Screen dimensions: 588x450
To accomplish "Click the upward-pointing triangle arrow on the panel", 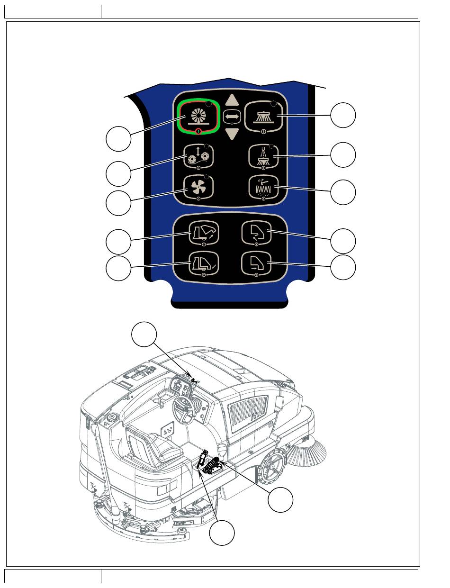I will pyautogui.click(x=232, y=100).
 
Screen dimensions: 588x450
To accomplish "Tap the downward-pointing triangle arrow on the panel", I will pyautogui.click(x=232, y=135).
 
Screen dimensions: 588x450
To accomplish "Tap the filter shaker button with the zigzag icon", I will pyautogui.click(x=264, y=188).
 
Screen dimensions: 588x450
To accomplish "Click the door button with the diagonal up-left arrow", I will pyautogui.click(x=256, y=233).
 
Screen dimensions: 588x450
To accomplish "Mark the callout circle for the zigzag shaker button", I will pyautogui.click(x=342, y=192).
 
